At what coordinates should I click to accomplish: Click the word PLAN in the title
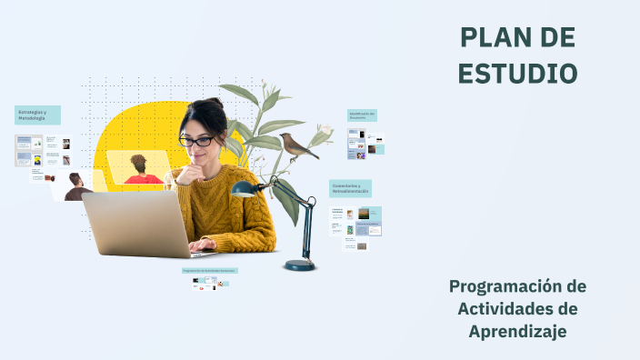(x=492, y=37)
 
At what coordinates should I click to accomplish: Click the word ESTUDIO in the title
(x=517, y=73)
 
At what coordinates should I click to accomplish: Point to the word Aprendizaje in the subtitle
(x=517, y=332)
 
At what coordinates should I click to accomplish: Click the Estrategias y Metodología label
(x=37, y=115)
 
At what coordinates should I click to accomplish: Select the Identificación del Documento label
(x=362, y=115)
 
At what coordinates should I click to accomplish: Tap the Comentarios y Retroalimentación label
(x=350, y=188)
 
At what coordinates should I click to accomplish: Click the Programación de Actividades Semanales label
(x=209, y=270)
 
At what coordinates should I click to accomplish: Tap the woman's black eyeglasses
(x=196, y=141)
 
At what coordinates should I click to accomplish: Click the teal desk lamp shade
(x=243, y=189)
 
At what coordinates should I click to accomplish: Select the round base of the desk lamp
(x=299, y=265)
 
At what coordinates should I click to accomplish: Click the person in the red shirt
(x=141, y=173)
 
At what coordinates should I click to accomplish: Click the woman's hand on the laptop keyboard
(x=202, y=244)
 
